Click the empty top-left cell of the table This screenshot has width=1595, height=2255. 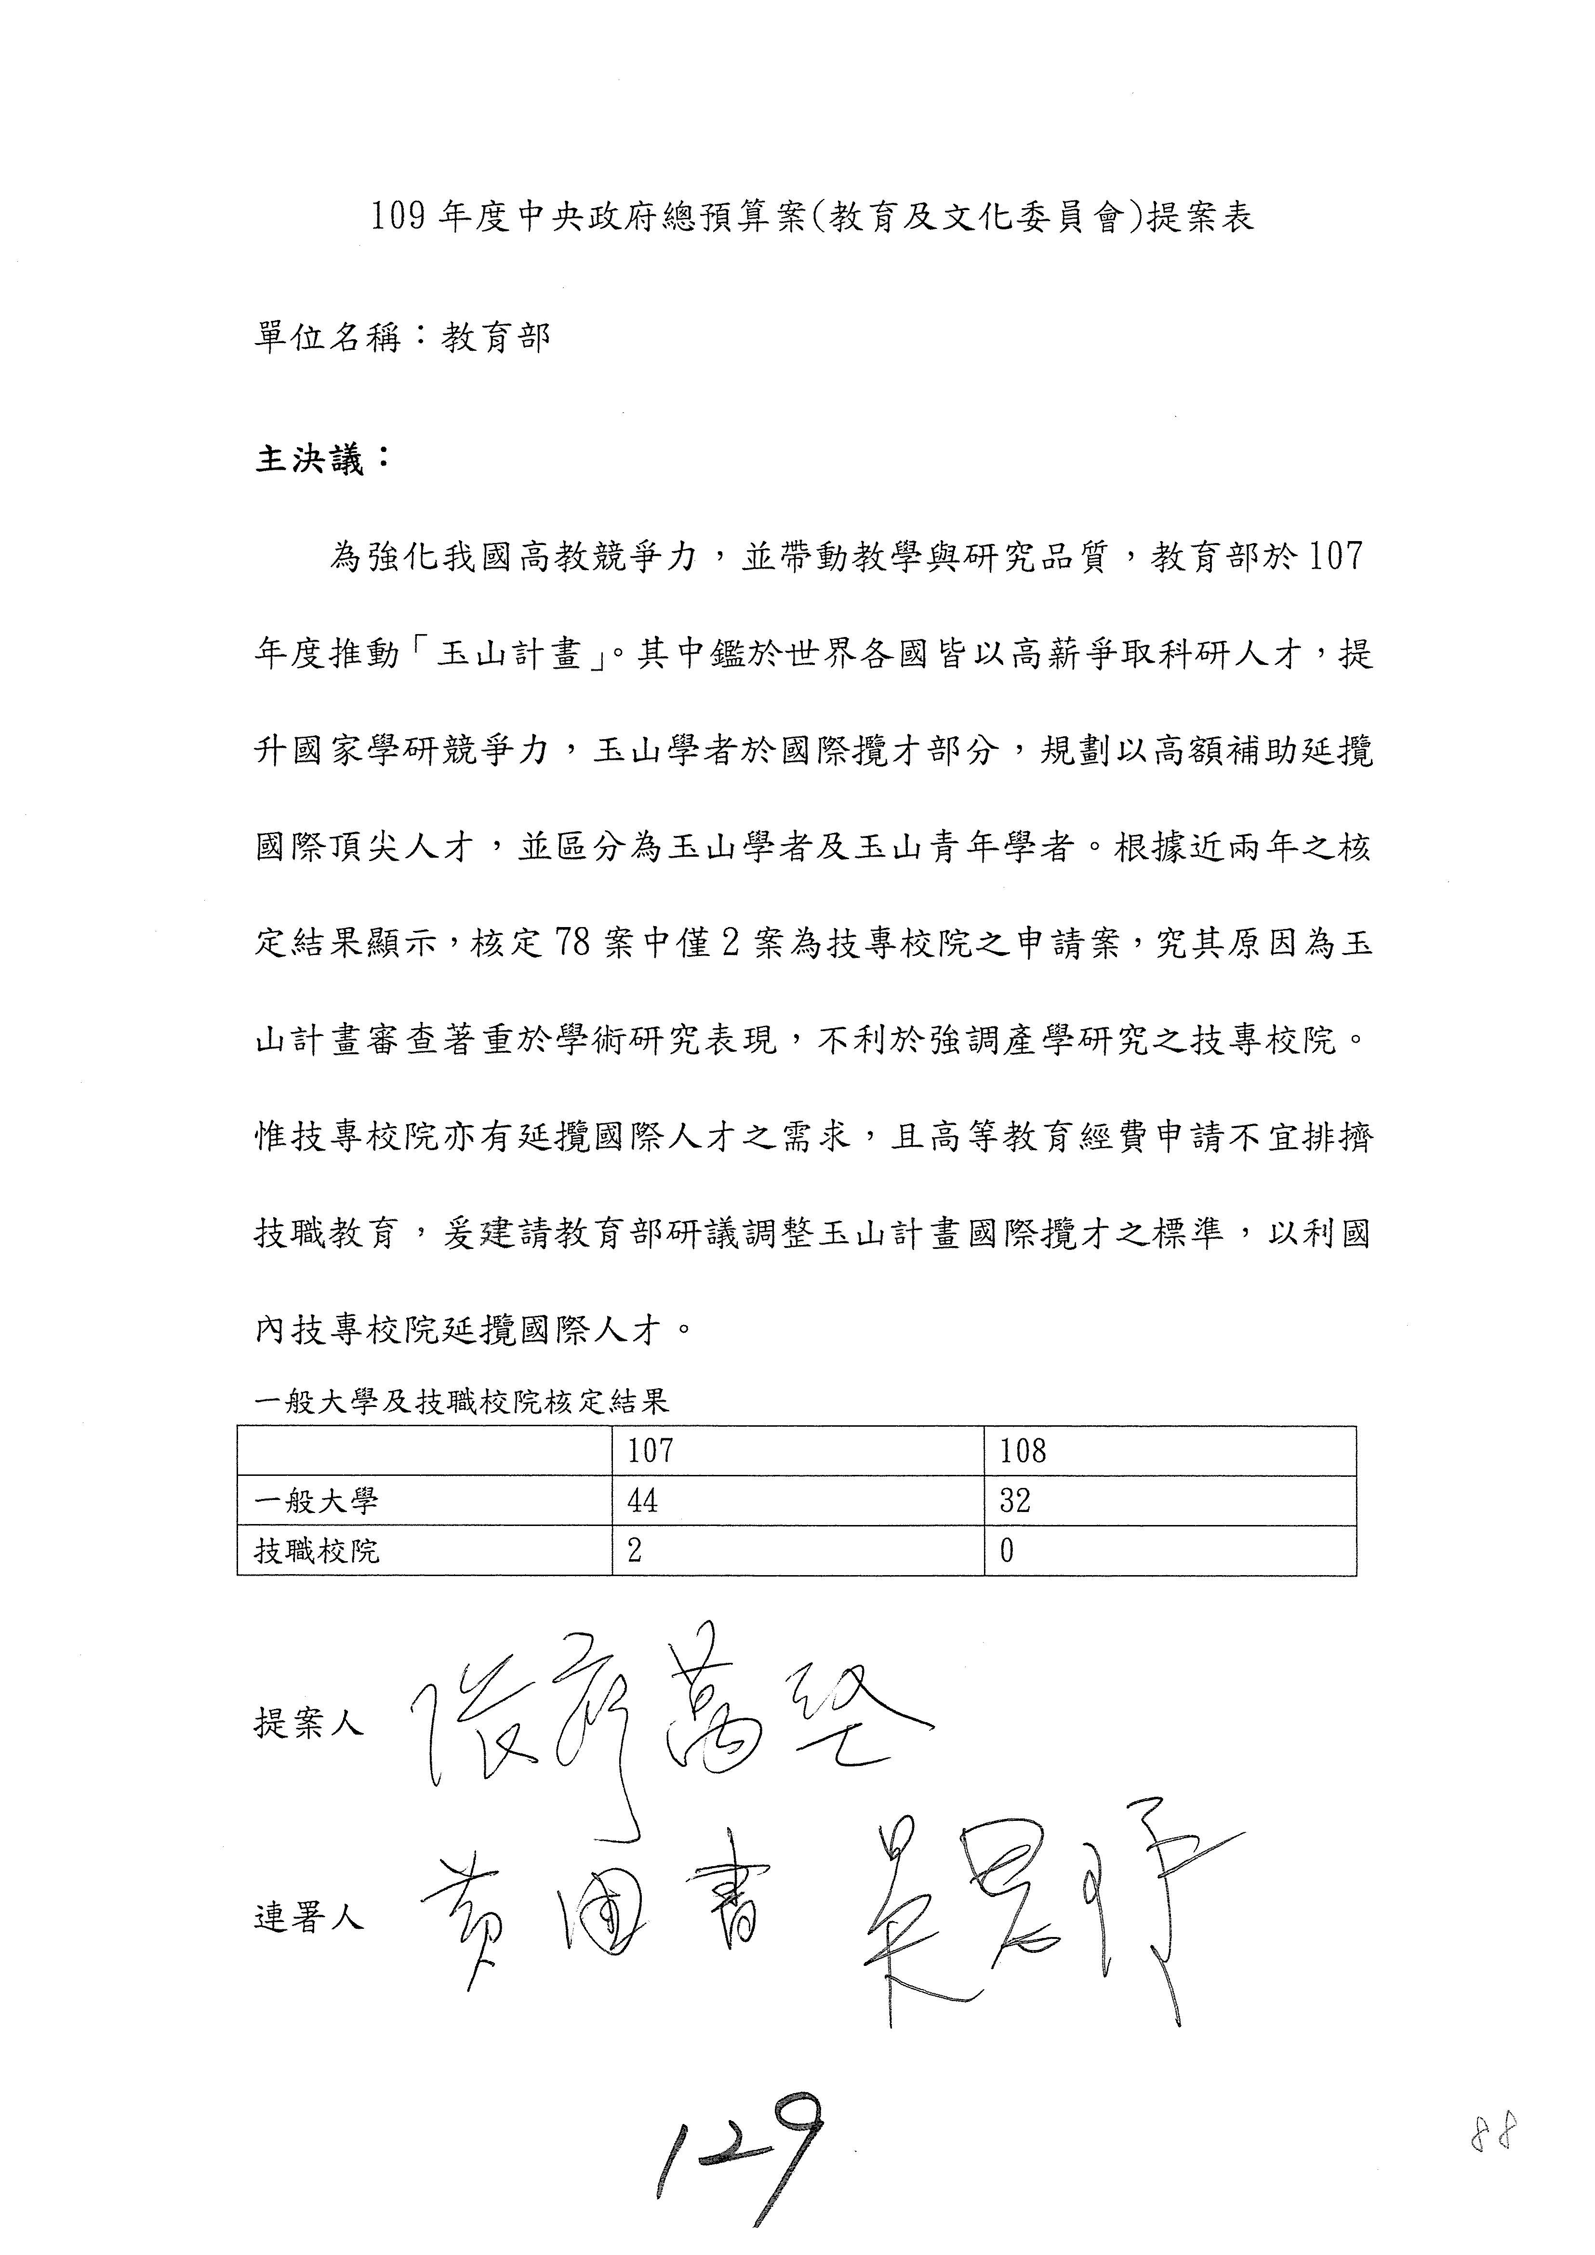click(424, 1451)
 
